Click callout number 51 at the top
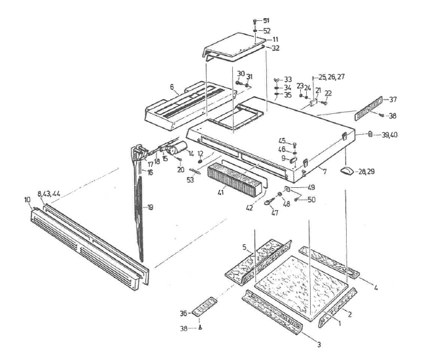point(266,20)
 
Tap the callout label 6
point(154,87)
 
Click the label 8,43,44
point(48,193)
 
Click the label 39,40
point(391,134)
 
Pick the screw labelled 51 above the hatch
point(254,22)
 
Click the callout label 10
point(27,199)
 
